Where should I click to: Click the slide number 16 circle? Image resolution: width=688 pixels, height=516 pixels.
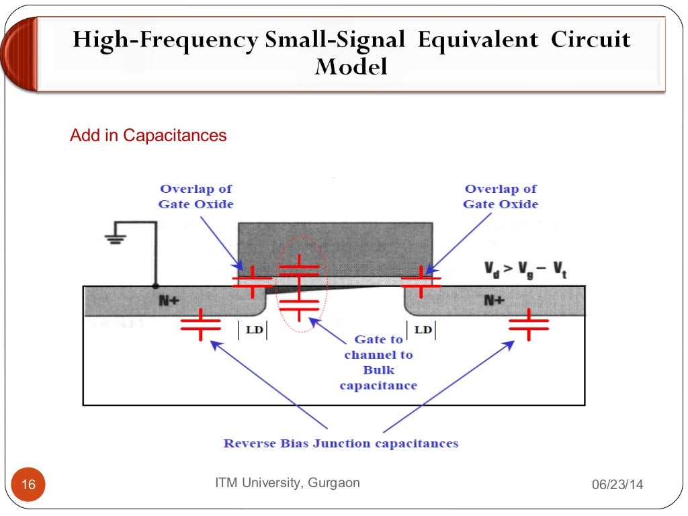click(x=28, y=484)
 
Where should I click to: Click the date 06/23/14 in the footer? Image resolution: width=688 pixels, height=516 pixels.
click(x=617, y=485)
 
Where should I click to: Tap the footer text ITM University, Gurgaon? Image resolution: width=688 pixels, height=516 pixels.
click(x=287, y=482)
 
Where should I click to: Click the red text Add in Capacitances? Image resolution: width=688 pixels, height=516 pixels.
click(x=148, y=136)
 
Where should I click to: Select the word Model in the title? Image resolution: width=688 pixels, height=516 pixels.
click(x=351, y=67)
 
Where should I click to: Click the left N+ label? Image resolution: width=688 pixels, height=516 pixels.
click(x=168, y=301)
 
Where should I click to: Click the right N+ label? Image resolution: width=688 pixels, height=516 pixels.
click(x=494, y=301)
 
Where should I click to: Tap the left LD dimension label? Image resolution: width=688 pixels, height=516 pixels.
click(x=253, y=330)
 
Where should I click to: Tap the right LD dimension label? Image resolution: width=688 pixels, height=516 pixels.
click(x=423, y=330)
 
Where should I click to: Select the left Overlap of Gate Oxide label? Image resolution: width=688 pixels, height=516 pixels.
click(x=196, y=196)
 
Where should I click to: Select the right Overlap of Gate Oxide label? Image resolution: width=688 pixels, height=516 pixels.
click(x=501, y=196)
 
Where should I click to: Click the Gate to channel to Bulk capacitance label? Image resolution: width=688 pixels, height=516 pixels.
click(x=378, y=362)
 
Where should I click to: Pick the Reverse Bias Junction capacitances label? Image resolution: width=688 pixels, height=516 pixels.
click(x=341, y=443)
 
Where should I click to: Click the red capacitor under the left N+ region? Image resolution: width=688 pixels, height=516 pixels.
click(x=200, y=325)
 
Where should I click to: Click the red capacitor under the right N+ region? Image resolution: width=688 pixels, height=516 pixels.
click(x=529, y=325)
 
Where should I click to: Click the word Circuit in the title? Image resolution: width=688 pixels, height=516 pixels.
click(x=591, y=40)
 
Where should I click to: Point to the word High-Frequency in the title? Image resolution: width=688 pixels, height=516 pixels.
click(x=165, y=40)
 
